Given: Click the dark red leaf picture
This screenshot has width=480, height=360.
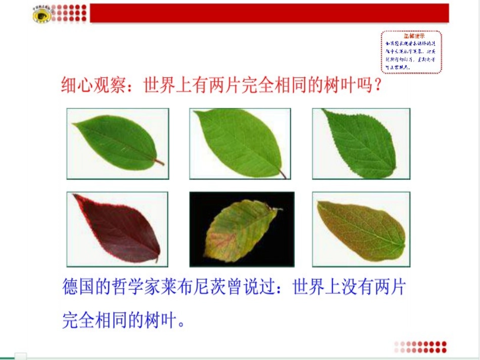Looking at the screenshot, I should click(117, 229).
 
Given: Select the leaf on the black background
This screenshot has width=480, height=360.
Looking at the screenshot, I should click(242, 230).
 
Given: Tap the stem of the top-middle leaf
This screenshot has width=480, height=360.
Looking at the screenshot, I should click(283, 174).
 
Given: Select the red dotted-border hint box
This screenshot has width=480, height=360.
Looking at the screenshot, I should click(410, 52).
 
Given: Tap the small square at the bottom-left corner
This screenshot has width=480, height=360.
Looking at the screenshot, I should click(20, 355).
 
